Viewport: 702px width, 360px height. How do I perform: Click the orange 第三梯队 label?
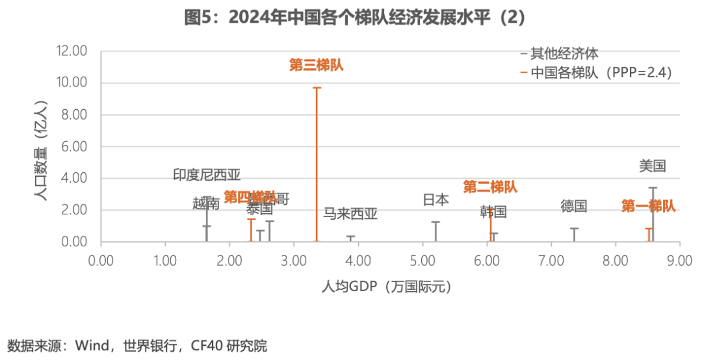[316, 65]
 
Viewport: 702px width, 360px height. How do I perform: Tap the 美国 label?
[652, 166]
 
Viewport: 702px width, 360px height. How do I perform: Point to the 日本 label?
[435, 200]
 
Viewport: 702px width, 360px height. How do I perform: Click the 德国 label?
[574, 207]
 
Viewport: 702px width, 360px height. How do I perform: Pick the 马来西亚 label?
[350, 214]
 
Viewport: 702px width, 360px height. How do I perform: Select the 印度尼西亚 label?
[207, 175]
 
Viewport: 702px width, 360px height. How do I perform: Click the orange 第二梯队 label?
[490, 187]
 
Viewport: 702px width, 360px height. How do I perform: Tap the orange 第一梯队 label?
[648, 207]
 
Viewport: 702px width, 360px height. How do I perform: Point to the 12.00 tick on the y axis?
[71, 51]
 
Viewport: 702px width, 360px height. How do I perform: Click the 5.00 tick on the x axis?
[422, 261]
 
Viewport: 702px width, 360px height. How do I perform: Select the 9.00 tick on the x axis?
[679, 261]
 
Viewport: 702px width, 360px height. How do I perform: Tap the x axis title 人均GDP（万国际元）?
[387, 287]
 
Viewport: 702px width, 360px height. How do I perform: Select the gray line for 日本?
[435, 231]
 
